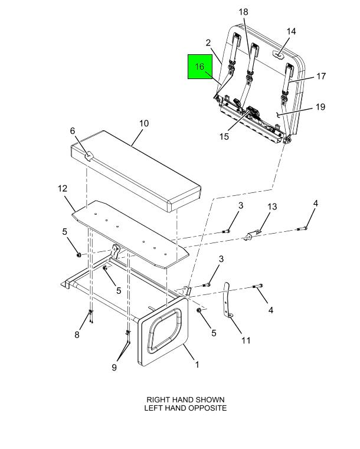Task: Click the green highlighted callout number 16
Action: click(200, 67)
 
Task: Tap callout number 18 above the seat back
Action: click(243, 12)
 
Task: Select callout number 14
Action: click(291, 31)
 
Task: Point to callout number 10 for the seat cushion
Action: click(144, 124)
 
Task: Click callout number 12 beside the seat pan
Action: click(63, 189)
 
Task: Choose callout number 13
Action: click(272, 207)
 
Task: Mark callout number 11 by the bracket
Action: click(246, 340)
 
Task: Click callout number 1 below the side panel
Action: click(197, 365)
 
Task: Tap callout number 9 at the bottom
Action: click(114, 367)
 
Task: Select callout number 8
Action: click(77, 335)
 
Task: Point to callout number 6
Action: click(73, 131)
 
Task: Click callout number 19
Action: click(320, 107)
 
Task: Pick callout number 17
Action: click(321, 76)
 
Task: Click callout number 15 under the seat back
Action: click(224, 136)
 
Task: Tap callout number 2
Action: click(208, 42)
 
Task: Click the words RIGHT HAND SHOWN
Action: click(185, 399)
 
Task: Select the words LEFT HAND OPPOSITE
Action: click(185, 408)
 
